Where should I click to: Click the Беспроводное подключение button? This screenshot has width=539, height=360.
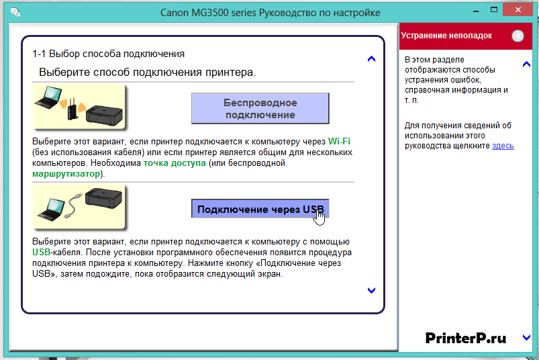[260, 108]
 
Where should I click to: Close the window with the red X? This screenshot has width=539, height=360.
[518, 9]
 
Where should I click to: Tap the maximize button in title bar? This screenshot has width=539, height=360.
[494, 9]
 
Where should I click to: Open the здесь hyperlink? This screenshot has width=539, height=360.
[503, 146]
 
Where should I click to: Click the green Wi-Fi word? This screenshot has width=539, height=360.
[339, 141]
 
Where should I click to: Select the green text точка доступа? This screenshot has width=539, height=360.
[175, 163]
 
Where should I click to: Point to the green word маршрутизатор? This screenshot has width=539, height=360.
[66, 174]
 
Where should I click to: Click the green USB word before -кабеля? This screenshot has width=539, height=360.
[41, 252]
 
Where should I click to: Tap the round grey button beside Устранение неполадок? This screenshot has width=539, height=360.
[518, 36]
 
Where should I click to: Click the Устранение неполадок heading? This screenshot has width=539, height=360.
[446, 36]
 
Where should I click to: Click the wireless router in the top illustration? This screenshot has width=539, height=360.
[72, 109]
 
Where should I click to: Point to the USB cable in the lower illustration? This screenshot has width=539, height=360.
[73, 206]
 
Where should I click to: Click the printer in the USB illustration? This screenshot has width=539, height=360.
[103, 197]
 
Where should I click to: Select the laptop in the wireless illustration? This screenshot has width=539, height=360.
[48, 97]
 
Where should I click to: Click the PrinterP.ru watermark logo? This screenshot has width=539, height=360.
[466, 338]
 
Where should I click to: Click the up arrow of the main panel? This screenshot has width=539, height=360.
[371, 59]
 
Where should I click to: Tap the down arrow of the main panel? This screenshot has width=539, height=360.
[371, 291]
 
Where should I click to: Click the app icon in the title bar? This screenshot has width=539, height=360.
[15, 12]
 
